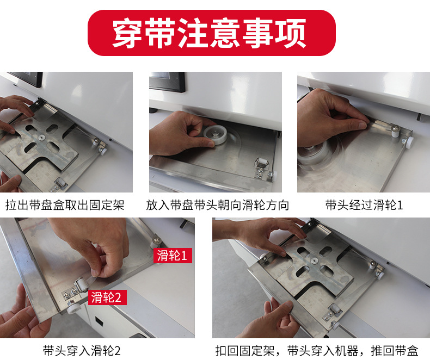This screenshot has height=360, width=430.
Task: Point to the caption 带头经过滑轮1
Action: (364, 206)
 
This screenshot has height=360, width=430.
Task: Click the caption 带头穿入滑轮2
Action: (82, 350)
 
